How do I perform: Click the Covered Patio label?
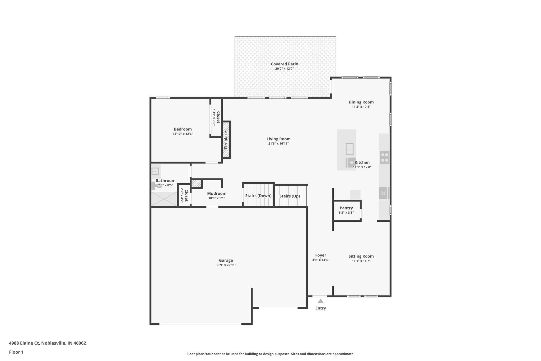coord(284,64)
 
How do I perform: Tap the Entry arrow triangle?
coord(320,301)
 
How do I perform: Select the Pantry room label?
coord(346,208)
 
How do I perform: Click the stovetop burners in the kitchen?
coord(384,157)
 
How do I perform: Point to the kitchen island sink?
coord(349,149)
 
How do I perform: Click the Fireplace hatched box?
coord(226,140)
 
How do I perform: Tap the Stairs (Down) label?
coord(258,196)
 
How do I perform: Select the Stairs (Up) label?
coord(290,196)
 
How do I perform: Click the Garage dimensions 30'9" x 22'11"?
coord(226,265)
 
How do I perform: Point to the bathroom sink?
coord(155,171)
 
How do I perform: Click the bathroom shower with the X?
coord(164,199)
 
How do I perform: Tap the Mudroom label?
coord(217,194)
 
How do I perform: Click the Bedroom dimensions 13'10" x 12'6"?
coord(183,134)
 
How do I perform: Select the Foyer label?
coord(320,255)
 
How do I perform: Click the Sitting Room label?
coord(361,256)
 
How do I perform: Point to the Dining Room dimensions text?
coord(361,107)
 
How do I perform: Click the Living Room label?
coord(278,139)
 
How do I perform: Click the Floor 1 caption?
coord(16,352)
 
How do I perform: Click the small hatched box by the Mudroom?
coord(196,184)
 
